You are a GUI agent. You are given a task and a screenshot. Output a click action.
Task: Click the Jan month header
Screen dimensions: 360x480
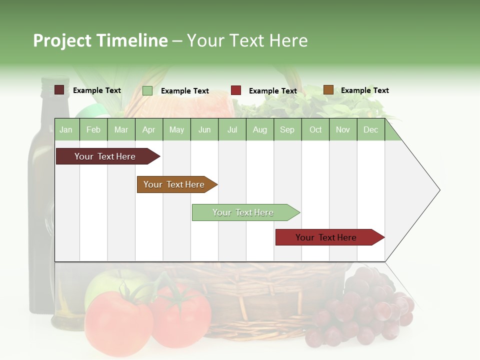click(66, 129)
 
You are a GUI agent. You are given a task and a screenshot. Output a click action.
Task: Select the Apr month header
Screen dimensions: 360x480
click(148, 129)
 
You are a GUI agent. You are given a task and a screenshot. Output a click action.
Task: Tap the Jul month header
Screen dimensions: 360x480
click(232, 129)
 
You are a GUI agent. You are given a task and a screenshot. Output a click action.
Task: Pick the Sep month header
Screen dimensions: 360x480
click(287, 129)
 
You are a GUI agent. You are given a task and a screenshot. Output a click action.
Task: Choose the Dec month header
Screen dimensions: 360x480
click(370, 129)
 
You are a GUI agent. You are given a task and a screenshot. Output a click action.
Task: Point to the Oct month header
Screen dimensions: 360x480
click(315, 129)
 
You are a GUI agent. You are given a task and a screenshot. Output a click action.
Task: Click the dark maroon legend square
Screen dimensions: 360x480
click(59, 90)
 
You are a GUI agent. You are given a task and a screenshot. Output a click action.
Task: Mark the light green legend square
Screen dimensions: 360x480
click(147, 90)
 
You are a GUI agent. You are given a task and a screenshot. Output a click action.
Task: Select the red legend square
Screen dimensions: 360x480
click(236, 90)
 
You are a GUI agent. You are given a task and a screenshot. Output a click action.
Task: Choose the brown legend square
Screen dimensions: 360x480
click(328, 90)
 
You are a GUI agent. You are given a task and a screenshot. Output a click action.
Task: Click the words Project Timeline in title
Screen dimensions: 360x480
click(100, 40)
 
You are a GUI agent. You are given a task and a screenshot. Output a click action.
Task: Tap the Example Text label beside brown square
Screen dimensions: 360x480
click(364, 90)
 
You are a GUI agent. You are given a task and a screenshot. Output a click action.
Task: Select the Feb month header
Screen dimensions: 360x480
click(93, 129)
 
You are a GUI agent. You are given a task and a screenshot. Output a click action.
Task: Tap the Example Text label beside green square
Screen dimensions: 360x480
click(184, 91)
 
